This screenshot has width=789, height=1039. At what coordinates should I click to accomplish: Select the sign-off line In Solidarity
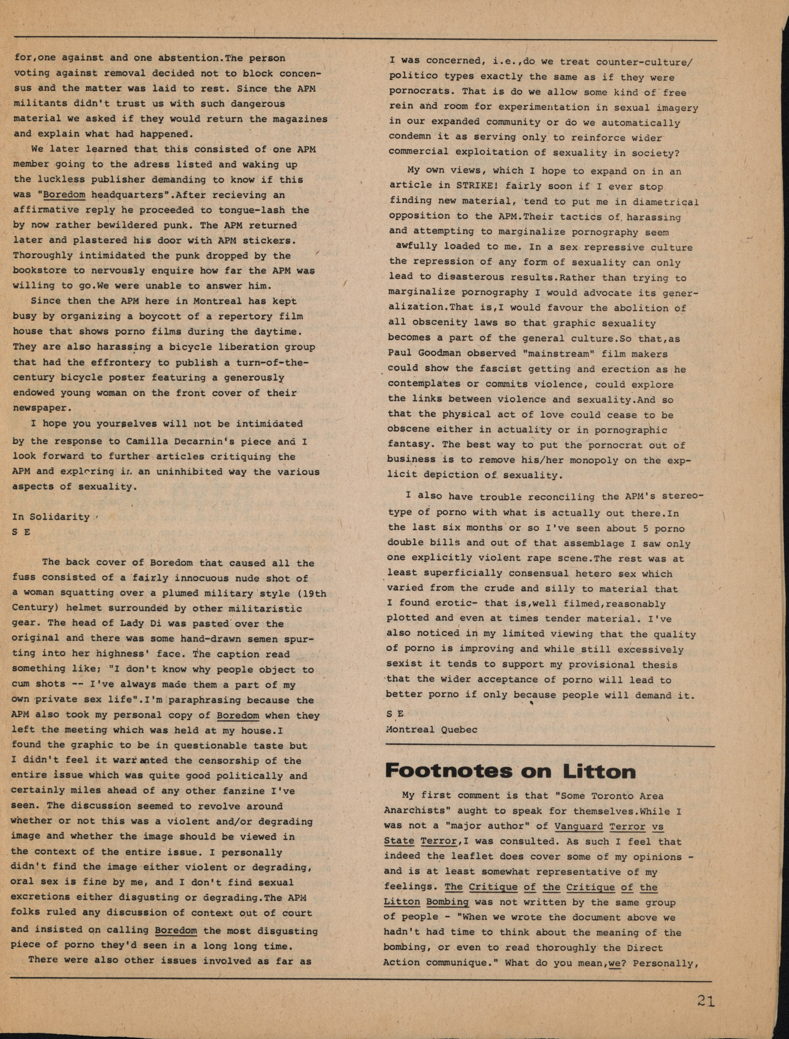tap(51, 517)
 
